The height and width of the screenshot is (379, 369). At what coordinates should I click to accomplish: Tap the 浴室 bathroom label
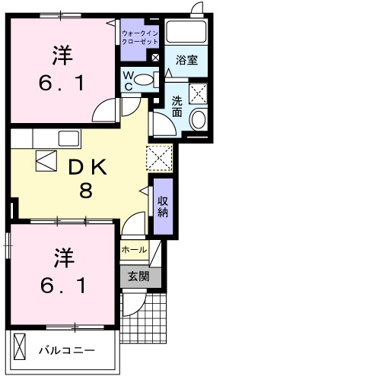pyautogui.click(x=186, y=59)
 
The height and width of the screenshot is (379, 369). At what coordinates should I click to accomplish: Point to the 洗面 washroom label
pyautogui.click(x=177, y=106)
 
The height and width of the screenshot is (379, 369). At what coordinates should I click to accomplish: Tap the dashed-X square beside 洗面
pyautogui.click(x=199, y=93)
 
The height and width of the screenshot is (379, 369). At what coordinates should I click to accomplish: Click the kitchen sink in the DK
pyautogui.click(x=68, y=139)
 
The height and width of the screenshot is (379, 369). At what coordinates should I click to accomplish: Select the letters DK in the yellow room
pyautogui.click(x=88, y=166)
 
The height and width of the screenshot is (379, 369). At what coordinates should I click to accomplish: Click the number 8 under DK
pyautogui.click(x=87, y=190)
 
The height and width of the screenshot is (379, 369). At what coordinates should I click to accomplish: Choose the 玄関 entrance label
pyautogui.click(x=140, y=276)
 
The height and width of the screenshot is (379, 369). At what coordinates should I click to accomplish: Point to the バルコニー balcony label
pyautogui.click(x=67, y=351)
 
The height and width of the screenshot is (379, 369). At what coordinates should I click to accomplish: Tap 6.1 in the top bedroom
pyautogui.click(x=62, y=82)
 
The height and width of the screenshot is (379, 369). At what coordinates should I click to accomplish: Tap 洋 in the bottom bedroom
pyautogui.click(x=62, y=258)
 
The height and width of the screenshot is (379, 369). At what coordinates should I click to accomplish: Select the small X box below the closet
pyautogui.click(x=155, y=57)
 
